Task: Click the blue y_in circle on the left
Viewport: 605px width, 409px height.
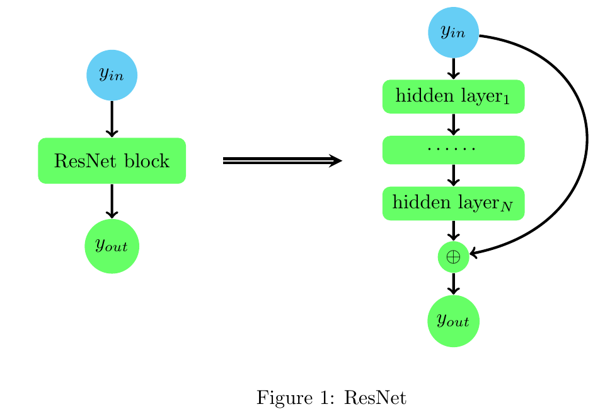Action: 112,75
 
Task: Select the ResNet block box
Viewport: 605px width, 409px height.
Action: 112,161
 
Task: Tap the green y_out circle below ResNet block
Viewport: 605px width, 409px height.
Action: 112,246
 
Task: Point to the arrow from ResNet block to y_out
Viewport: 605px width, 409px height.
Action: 112,201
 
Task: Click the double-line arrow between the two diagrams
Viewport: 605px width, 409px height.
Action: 282,161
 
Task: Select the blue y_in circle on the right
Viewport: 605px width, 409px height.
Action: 453,32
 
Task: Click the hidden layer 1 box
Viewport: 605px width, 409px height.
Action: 453,97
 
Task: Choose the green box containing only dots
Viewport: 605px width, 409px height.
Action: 453,150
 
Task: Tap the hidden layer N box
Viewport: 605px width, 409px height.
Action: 453,203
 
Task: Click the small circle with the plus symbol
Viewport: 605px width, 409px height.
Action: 453,256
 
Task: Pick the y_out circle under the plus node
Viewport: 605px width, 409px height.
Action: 453,321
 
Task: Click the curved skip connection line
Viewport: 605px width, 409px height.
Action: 587,139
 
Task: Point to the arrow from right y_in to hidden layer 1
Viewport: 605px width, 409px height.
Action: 453,68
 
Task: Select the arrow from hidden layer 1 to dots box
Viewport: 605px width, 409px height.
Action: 453,124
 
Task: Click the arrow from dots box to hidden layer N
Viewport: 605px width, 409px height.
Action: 453,175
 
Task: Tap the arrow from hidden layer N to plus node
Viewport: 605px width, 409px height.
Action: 453,230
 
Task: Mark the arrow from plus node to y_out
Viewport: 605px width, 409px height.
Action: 453,283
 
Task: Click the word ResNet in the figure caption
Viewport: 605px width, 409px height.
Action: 376,398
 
